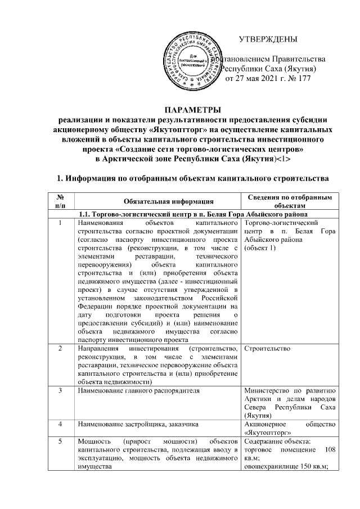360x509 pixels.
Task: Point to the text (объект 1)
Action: tap(260, 248)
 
